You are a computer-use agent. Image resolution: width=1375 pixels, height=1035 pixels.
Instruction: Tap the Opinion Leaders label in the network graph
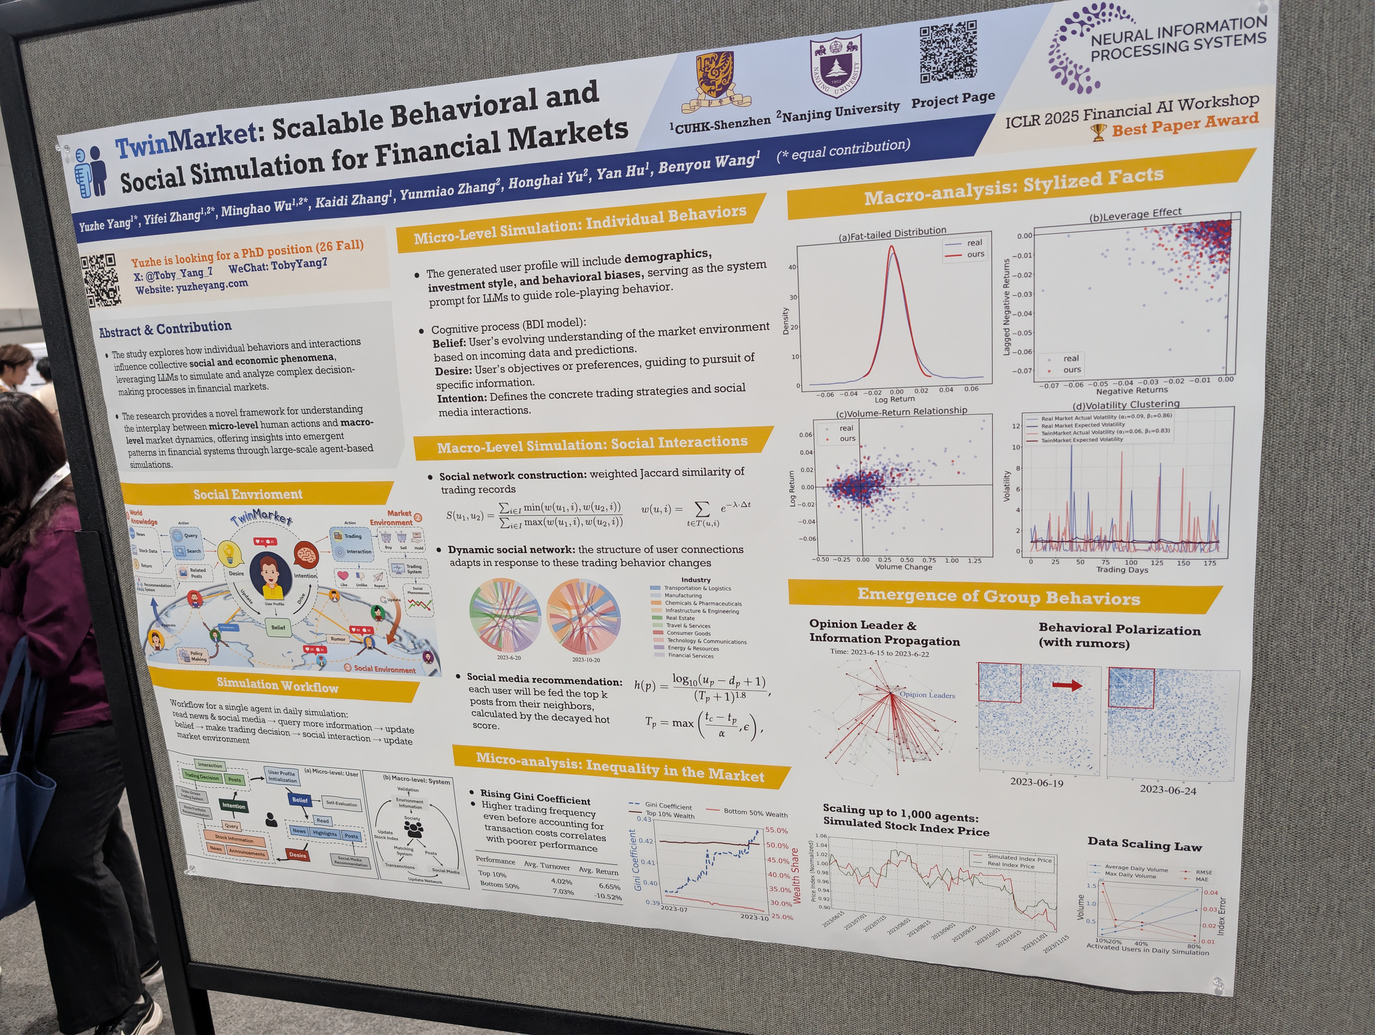coord(927,695)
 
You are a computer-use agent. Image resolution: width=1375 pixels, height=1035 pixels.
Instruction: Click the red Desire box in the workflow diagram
coord(298,855)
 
